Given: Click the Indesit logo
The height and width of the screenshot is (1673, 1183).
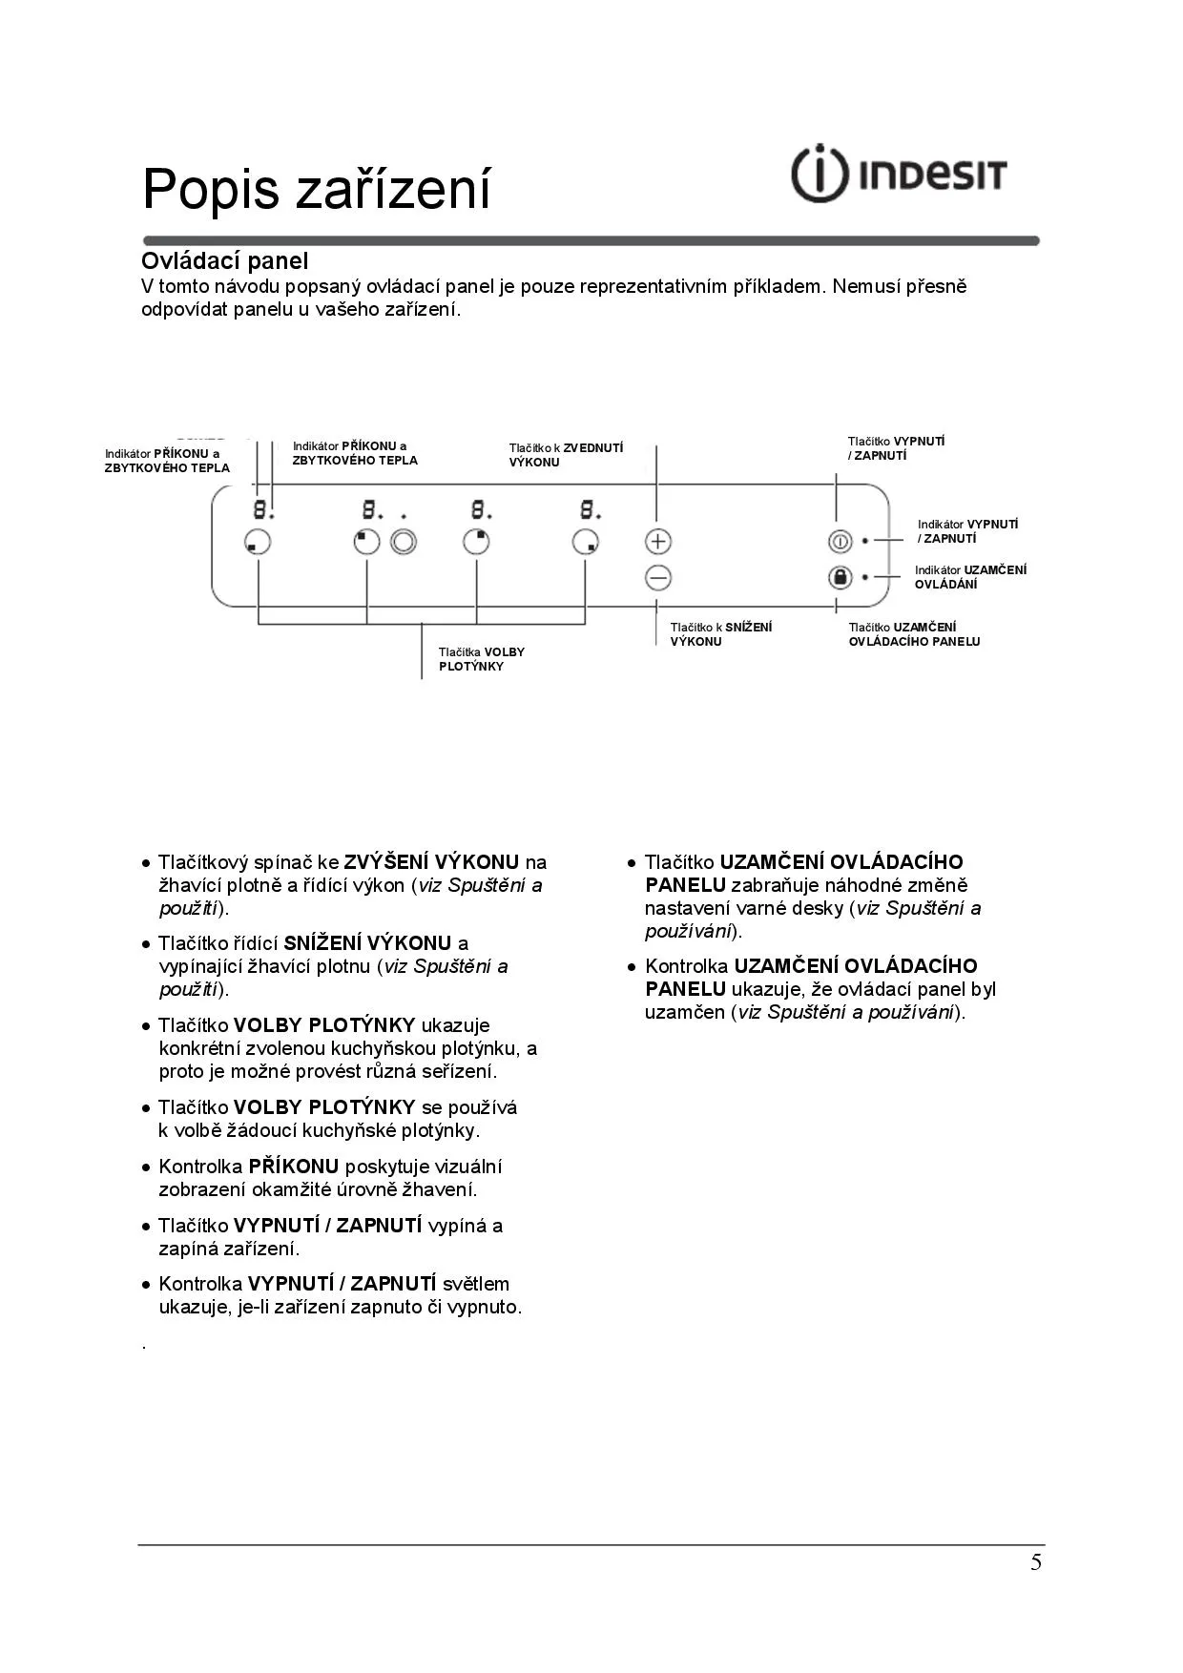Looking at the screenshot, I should click(x=899, y=175).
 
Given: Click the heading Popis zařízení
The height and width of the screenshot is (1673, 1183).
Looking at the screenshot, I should click(x=316, y=188).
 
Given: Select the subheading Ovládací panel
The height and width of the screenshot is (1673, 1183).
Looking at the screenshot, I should click(x=224, y=260).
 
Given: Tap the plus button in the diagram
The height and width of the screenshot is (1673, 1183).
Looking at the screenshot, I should click(x=658, y=541).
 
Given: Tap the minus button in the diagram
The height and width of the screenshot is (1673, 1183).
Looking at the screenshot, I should click(x=658, y=578).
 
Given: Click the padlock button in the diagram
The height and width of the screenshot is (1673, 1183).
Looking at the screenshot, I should click(x=840, y=578).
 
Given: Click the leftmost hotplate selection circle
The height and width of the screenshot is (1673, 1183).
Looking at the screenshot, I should click(x=258, y=542).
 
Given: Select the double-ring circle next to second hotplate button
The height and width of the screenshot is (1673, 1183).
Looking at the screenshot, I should click(x=404, y=542).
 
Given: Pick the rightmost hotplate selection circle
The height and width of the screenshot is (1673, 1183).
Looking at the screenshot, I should click(x=586, y=542).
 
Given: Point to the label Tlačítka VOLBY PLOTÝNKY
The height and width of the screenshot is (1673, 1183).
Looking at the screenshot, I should click(x=482, y=659).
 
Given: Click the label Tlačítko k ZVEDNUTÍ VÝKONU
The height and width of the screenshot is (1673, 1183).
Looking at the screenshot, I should click(x=566, y=455).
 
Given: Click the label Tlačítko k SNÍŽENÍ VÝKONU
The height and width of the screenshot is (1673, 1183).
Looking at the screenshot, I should click(x=720, y=634).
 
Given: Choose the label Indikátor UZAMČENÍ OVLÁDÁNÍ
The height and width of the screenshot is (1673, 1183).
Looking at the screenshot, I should click(x=970, y=577).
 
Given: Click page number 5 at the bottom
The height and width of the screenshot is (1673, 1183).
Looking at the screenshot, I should click(x=1036, y=1562).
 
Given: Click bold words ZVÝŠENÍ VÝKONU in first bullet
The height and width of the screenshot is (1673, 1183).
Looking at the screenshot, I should click(x=431, y=862).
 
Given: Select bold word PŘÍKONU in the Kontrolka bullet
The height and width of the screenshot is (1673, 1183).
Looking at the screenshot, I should click(x=294, y=1167).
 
